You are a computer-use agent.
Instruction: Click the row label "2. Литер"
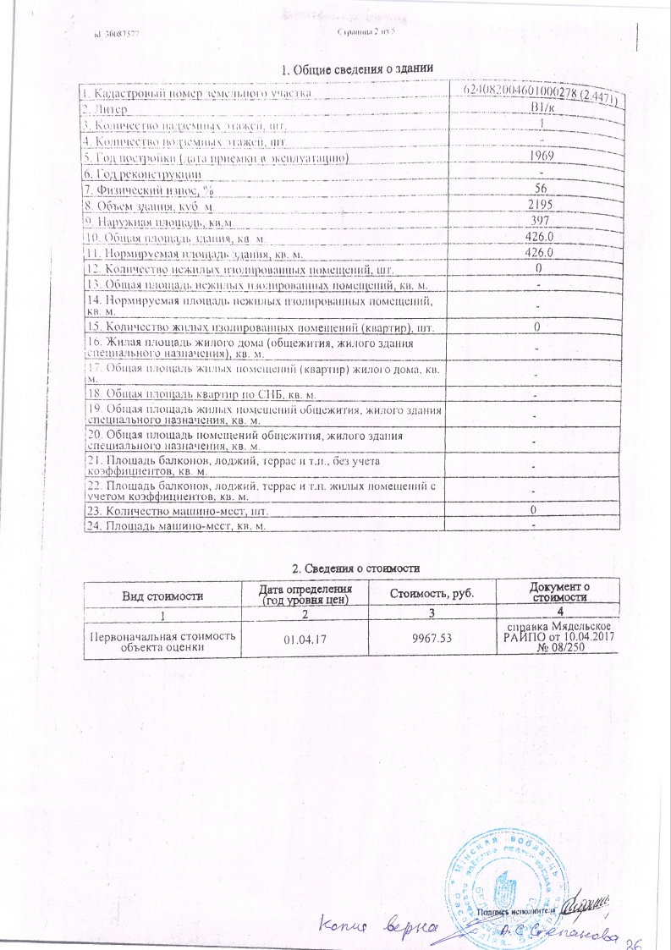(x=105, y=109)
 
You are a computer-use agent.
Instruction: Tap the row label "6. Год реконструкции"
(x=141, y=173)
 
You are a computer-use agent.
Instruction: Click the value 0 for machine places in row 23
(x=534, y=511)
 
